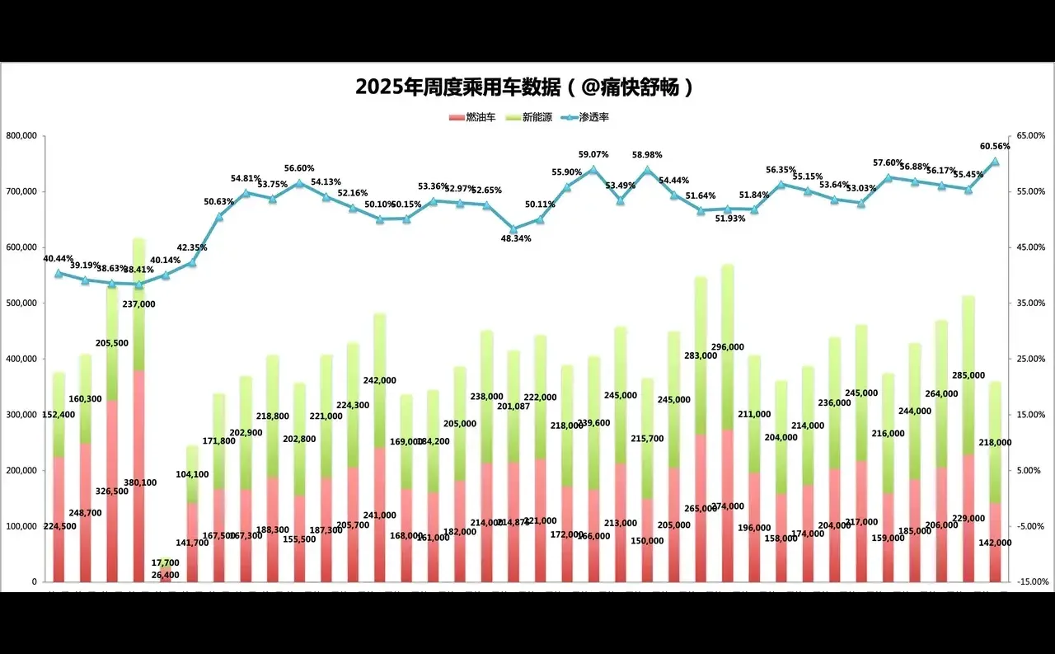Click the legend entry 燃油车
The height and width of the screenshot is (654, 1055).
tap(473, 118)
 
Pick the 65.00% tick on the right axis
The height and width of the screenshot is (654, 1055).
tap(1030, 135)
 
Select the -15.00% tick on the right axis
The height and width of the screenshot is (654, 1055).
tap(1030, 581)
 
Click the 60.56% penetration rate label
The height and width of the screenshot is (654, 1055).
tap(995, 146)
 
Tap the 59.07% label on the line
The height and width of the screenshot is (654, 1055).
tap(593, 154)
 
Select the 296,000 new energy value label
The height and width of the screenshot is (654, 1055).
tap(727, 347)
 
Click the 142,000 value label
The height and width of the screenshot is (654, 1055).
tap(994, 543)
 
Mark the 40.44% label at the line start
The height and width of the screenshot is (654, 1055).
tap(59, 258)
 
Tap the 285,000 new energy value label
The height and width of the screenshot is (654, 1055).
tap(968, 375)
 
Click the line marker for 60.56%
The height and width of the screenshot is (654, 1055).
tap(995, 162)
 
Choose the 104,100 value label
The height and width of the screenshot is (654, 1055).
tap(192, 474)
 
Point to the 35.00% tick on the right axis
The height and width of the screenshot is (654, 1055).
tap(1030, 303)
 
